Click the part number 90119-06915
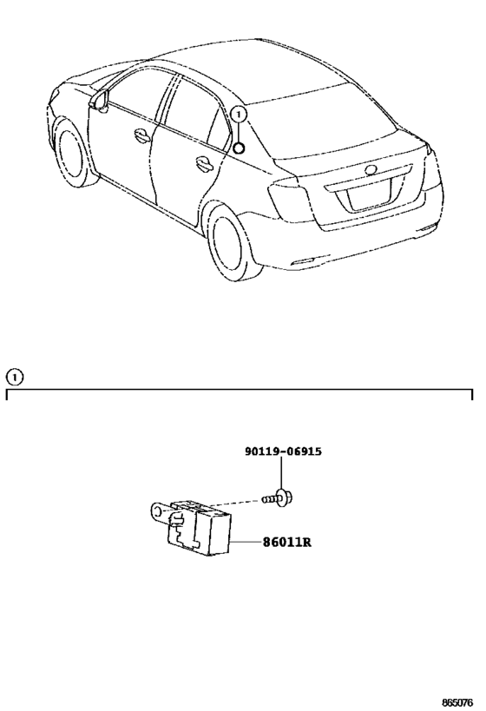283,451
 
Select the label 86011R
287,542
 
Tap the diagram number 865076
457,703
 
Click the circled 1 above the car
239,115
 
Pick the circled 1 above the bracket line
14,377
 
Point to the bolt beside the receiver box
277,498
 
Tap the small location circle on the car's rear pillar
239,148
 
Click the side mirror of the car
100,100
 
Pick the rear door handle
204,164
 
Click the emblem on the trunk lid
371,170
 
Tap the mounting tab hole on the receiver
156,511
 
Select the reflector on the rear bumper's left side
300,262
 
